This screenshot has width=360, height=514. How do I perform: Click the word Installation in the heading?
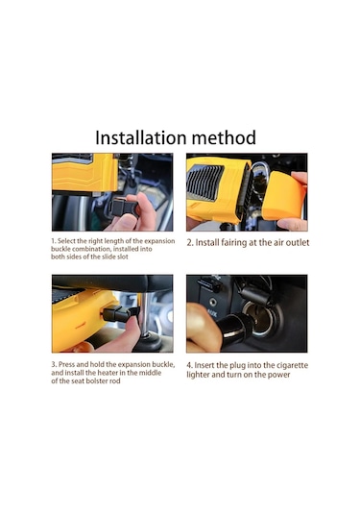(140, 137)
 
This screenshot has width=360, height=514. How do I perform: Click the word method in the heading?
(224, 137)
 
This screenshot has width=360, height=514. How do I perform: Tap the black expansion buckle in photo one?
(124, 208)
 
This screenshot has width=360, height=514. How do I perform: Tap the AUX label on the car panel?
(211, 314)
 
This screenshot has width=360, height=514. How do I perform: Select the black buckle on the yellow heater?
(118, 313)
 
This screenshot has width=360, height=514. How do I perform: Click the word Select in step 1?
(66, 241)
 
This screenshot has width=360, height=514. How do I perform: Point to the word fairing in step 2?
(233, 243)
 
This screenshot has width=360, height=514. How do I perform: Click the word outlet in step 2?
(298, 242)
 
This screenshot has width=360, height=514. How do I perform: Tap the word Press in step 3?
(67, 364)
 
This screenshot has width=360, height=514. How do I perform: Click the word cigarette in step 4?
(292, 365)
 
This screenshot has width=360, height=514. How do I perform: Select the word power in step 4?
(280, 375)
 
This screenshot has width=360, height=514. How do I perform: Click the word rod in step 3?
(115, 380)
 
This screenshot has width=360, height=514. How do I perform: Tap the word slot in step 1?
(123, 257)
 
